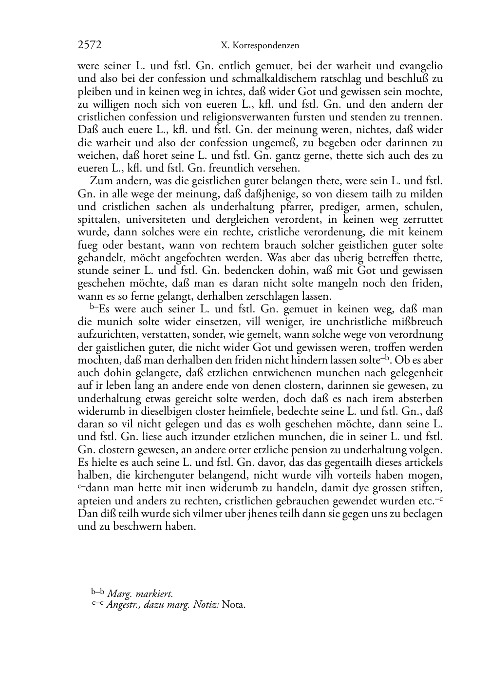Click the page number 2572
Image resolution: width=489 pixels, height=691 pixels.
pyautogui.click(x=90, y=45)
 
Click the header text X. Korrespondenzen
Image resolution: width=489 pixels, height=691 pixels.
pyautogui.click(x=259, y=46)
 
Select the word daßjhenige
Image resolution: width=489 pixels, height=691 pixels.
pyautogui.click(x=254, y=194)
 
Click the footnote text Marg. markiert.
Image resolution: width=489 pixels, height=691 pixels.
pyautogui.click(x=140, y=594)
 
